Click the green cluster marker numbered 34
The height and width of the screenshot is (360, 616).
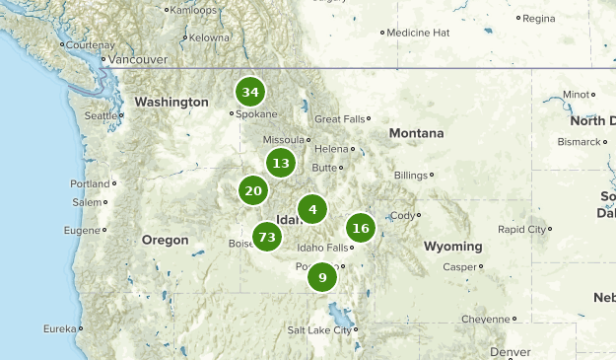(x=250, y=93)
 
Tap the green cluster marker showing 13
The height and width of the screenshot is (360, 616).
(x=282, y=164)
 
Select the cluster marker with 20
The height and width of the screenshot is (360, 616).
(x=254, y=190)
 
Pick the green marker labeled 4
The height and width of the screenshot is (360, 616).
(x=312, y=209)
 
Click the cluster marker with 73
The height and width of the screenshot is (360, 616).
(x=267, y=237)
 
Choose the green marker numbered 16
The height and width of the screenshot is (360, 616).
(x=361, y=229)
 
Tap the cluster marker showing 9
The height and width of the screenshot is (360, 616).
(x=322, y=278)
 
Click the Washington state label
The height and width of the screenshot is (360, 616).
(x=171, y=103)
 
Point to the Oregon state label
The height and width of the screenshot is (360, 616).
(x=165, y=240)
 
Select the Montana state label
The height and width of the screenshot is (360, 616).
(x=416, y=133)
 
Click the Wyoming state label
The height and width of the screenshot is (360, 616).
(x=454, y=246)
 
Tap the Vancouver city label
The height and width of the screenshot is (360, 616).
(x=137, y=59)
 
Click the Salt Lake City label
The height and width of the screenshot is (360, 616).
(x=318, y=330)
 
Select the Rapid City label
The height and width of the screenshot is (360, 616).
(x=522, y=229)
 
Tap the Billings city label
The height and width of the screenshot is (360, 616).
(x=411, y=176)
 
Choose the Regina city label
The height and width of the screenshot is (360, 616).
(x=539, y=18)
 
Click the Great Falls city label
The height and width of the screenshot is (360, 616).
(x=340, y=119)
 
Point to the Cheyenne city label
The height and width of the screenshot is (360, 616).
(x=486, y=319)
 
